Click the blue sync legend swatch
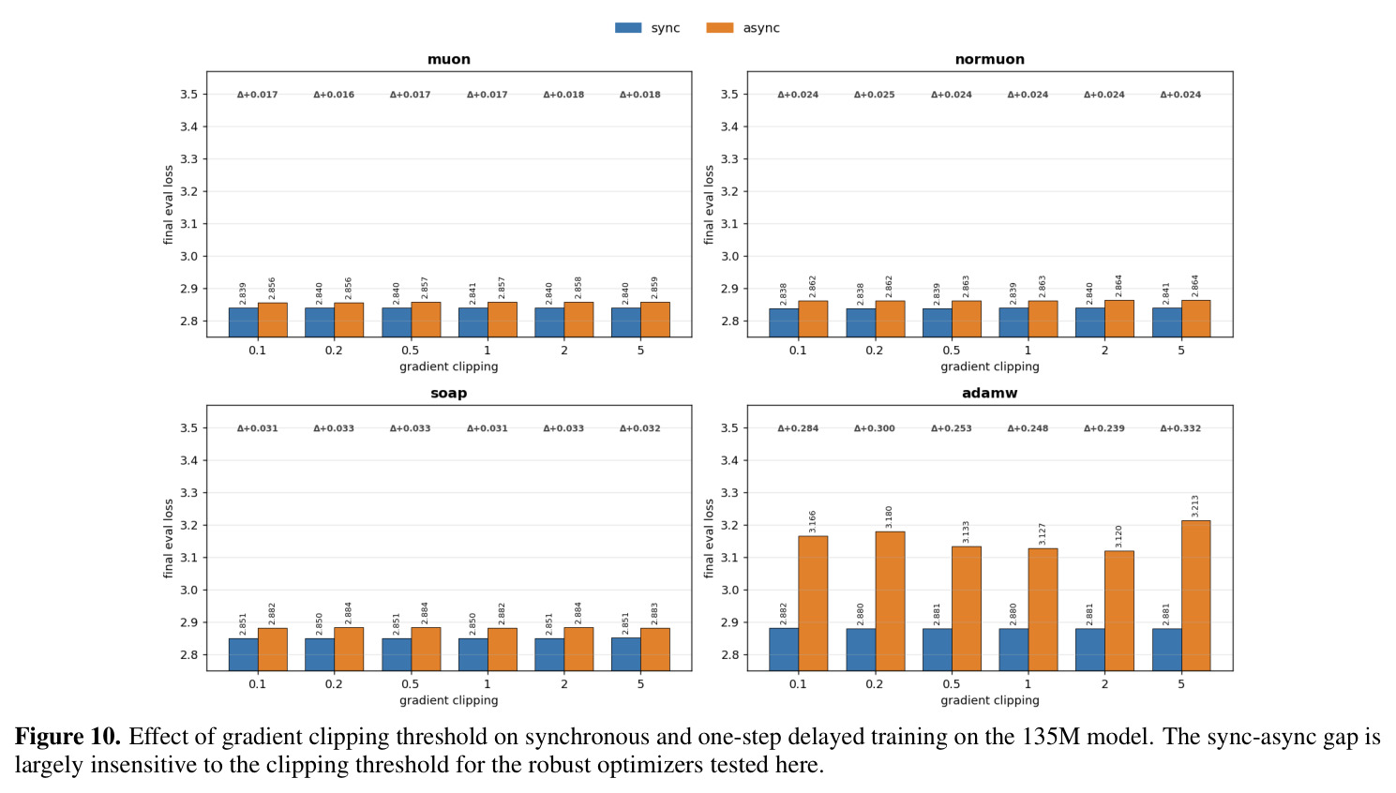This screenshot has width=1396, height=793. coord(628,28)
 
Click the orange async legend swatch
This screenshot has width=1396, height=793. coord(720,28)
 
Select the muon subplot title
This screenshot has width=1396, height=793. coord(449,60)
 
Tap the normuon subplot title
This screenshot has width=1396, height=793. coord(990,60)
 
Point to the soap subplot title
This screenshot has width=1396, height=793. coord(449,394)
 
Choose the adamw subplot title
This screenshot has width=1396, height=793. coord(990,394)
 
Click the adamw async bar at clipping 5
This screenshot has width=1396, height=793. coord(1196,595)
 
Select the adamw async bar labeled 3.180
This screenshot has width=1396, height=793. coord(890,601)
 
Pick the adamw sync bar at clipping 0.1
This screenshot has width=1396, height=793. coord(784,649)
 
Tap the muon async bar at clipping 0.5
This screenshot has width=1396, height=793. coord(427,320)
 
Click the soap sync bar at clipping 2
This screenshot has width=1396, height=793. coord(549,654)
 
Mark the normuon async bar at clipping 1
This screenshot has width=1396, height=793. coord(1043,319)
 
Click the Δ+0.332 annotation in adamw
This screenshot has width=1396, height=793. coord(1180,428)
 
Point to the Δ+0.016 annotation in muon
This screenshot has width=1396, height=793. coord(334,95)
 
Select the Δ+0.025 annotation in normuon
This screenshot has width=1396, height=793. coord(875,95)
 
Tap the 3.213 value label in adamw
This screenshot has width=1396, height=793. coord(1194,506)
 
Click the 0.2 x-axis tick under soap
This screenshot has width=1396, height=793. coord(334,684)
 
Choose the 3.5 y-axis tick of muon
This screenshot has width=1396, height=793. coord(188,95)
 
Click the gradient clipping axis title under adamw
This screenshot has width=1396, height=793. coord(990,700)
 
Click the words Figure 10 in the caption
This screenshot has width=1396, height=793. coord(68,737)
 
